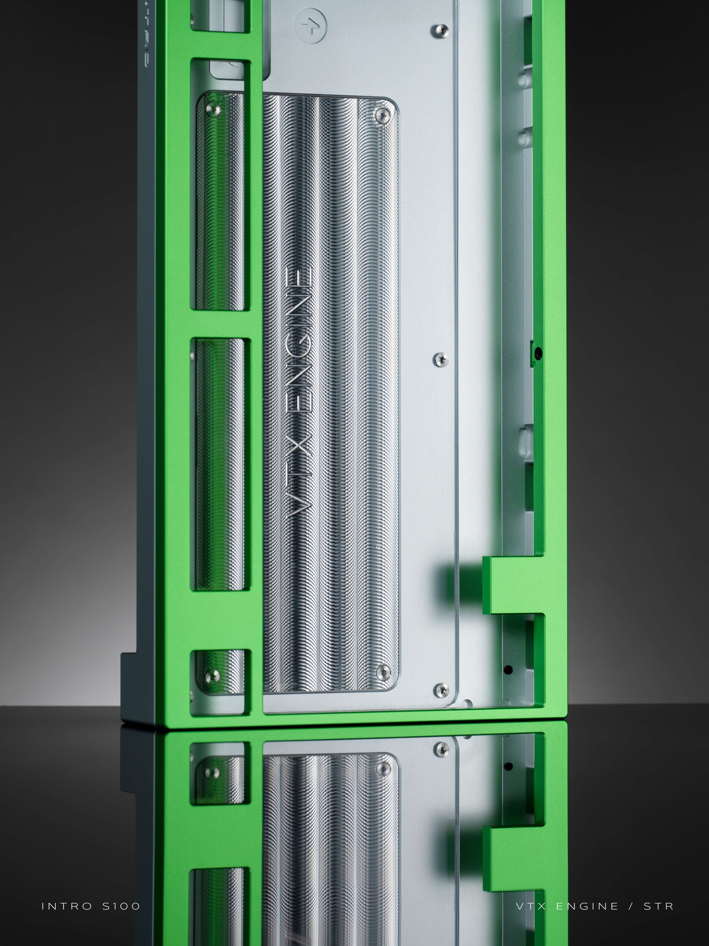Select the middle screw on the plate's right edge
point(441,360)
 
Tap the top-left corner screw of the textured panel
point(212,109)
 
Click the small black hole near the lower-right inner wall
point(508,670)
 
